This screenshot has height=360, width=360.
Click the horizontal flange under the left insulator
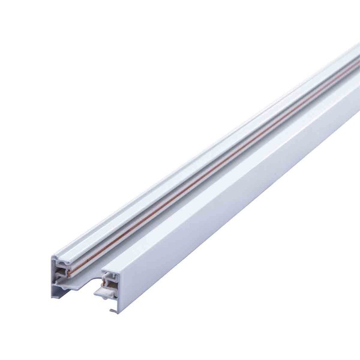point(69,287)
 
